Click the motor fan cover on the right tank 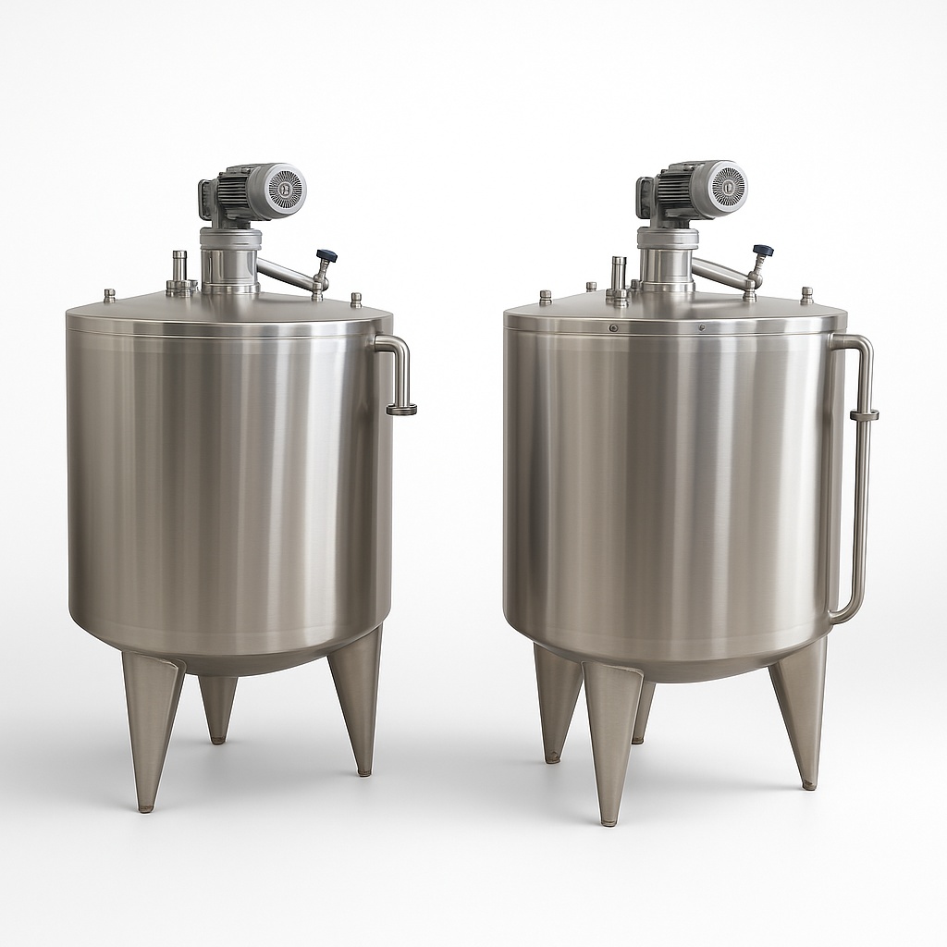(x=725, y=186)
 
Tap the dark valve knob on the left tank (x=326, y=256)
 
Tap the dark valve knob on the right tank (x=763, y=251)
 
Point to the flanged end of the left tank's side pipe (x=401, y=409)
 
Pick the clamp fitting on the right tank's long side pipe (x=864, y=415)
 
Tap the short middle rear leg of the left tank (x=217, y=707)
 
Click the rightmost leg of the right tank (x=802, y=712)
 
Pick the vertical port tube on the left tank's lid (x=179, y=269)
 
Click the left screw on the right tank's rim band (x=612, y=327)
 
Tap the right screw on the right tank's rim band (x=701, y=327)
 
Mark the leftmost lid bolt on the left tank (x=109, y=295)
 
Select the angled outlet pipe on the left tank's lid (x=287, y=273)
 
